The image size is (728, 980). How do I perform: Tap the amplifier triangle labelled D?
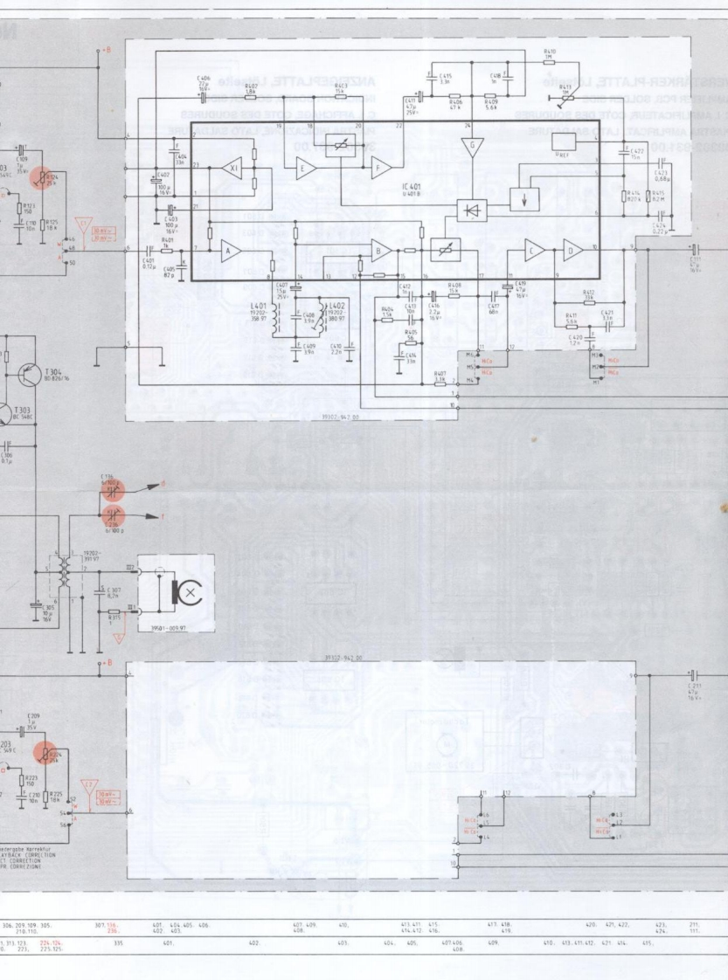click(573, 250)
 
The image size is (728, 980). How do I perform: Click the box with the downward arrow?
click(523, 198)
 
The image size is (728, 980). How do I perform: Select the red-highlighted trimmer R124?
click(39, 177)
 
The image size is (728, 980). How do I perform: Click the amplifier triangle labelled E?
click(306, 169)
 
